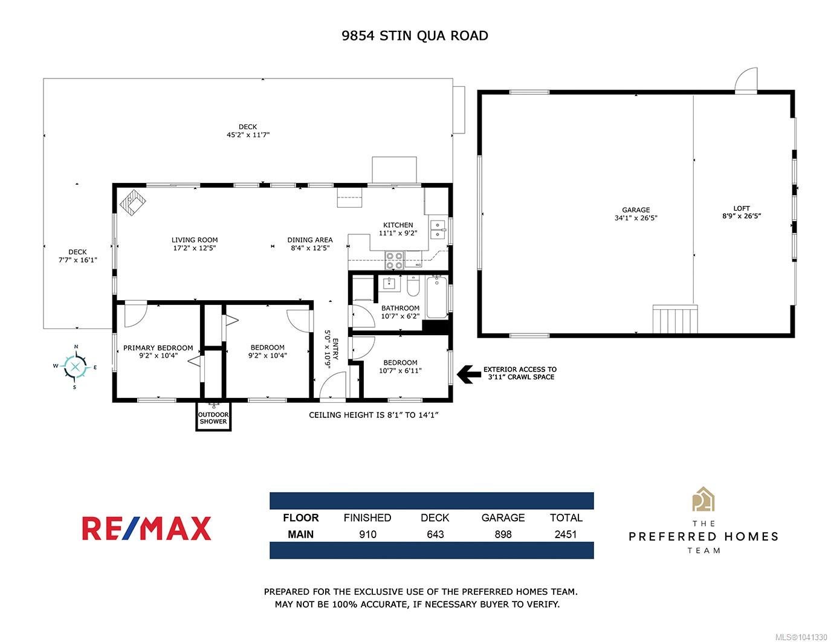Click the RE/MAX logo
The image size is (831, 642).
(146, 528)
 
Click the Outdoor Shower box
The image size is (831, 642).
(213, 417)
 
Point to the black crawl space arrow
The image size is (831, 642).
(469, 374)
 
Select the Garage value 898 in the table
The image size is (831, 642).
(503, 534)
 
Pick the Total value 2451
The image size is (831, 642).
(566, 534)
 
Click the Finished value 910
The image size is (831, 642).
(367, 534)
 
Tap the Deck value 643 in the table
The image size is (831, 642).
(435, 534)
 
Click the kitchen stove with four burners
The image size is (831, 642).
(394, 260)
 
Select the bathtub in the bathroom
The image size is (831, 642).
(436, 297)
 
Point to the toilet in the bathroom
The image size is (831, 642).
(413, 286)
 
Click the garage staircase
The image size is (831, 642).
(675, 319)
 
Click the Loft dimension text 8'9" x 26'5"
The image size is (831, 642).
(741, 216)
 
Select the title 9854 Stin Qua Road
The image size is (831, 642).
(415, 36)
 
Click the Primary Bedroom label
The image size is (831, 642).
(158, 348)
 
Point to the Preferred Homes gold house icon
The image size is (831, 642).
(703, 499)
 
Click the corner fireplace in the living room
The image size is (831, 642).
(132, 202)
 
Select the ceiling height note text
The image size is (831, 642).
(373, 415)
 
